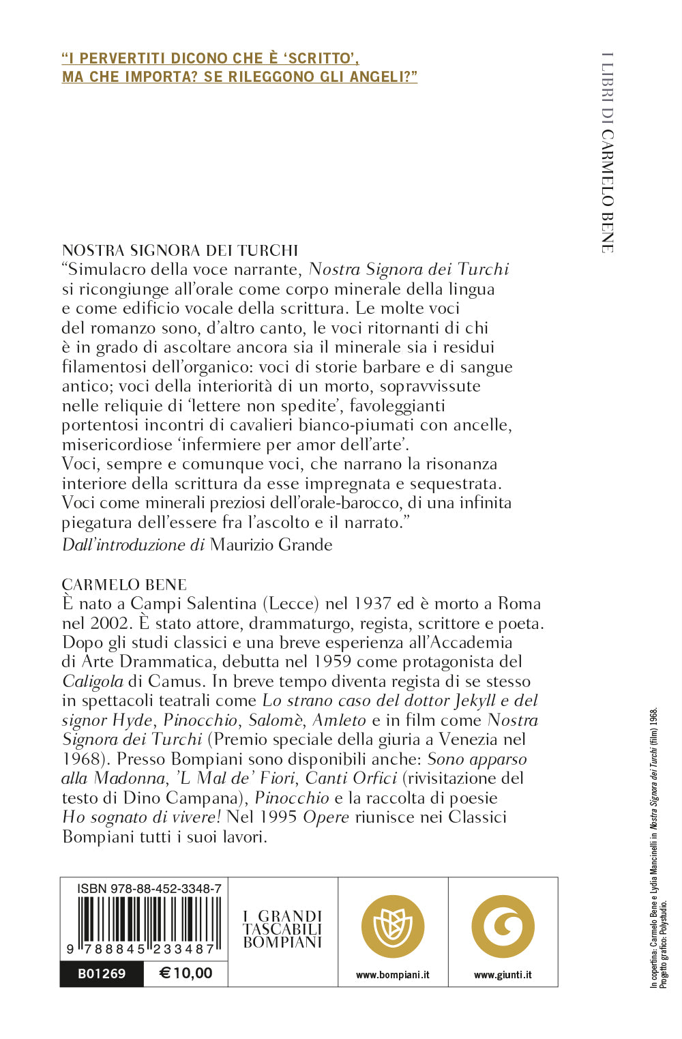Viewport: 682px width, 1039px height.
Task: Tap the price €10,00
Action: tap(186, 974)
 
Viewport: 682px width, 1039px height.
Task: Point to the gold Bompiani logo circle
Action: tap(393, 926)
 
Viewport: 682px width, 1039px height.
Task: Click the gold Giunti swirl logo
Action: tap(503, 926)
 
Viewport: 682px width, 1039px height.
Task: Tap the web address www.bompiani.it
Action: tap(393, 975)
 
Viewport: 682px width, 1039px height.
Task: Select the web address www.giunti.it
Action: tap(503, 975)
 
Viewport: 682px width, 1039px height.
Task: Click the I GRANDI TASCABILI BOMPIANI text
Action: tap(282, 929)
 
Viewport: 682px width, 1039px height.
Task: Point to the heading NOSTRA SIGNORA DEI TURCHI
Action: tap(180, 250)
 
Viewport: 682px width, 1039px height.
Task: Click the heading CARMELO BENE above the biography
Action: tap(124, 585)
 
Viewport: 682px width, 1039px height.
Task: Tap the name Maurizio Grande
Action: tap(271, 544)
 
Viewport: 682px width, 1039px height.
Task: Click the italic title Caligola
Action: tap(93, 681)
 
